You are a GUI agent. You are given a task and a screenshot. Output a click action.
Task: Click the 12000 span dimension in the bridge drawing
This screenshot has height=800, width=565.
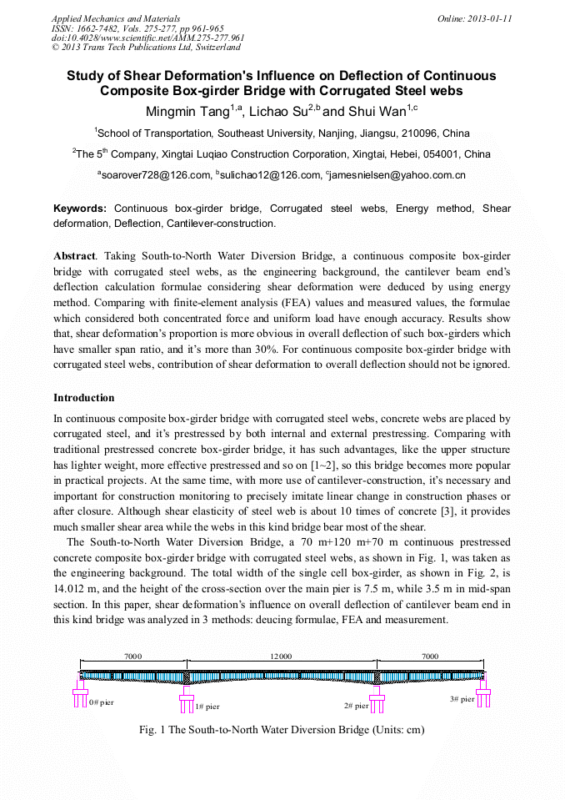(x=281, y=657)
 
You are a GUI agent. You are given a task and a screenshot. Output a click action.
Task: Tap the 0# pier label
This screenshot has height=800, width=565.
(x=101, y=702)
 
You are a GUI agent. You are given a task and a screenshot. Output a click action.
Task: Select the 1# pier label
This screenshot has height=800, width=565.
(x=207, y=707)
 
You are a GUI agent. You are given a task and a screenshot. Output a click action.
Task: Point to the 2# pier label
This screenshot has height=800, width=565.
(x=356, y=706)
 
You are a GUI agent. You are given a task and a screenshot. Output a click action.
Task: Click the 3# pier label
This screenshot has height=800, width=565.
(x=462, y=699)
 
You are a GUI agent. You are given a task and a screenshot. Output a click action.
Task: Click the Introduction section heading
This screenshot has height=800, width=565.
(x=83, y=398)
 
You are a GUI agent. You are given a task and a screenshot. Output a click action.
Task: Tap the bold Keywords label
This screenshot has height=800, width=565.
(x=80, y=208)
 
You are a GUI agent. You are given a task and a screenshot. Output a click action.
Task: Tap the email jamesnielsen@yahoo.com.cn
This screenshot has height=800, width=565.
(x=397, y=175)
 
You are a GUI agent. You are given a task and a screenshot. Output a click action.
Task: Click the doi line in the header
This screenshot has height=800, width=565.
(x=147, y=38)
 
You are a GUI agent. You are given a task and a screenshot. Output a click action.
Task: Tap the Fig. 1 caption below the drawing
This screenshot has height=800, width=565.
(x=282, y=730)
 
